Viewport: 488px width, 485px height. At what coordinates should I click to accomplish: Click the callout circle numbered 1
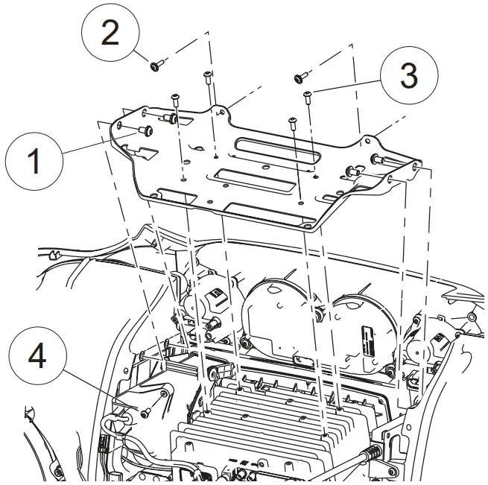pos(34,161)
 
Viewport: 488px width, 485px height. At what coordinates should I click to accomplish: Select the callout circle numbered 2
pos(110,33)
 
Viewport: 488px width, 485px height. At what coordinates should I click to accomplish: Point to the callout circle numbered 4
pos(37,356)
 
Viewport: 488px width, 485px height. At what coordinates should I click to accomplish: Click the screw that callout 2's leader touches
pos(156,66)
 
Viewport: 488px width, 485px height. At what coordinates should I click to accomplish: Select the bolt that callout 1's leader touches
pos(145,132)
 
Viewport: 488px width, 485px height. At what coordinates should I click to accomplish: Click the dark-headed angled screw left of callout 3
pos(299,77)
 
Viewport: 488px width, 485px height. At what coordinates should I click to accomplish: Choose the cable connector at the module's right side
pos(372,454)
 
